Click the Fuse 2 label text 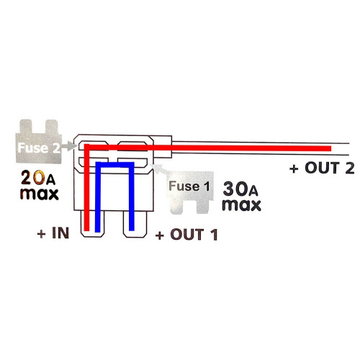pos(39,148)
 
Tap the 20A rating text pos(38,178)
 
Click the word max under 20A pos(40,194)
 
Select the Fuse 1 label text pos(189,186)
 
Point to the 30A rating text pos(240,189)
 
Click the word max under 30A pos(242,205)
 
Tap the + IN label pos(53,233)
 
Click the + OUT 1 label pos(186,235)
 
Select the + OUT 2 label pos(322,168)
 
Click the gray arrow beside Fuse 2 pos(68,146)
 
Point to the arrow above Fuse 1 pos(160,168)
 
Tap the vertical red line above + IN pos(87,188)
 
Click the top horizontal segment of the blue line pos(114,165)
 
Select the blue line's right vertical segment pos(132,197)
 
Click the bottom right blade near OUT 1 pos(135,224)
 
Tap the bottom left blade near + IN pos(93,224)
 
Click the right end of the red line pos(331,148)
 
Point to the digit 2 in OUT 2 pos(350,168)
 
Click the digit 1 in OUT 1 pos(215,235)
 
